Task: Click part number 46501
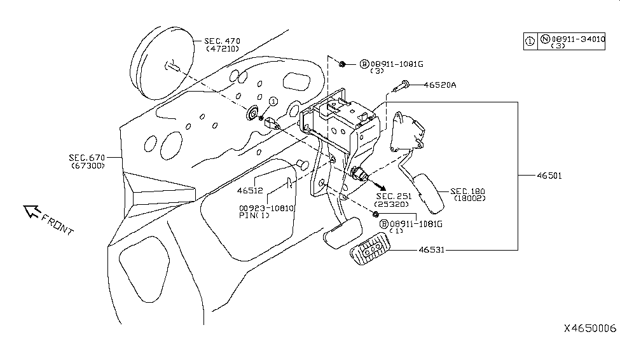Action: coord(548,175)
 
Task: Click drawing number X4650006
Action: coord(590,328)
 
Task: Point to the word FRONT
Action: coord(58,224)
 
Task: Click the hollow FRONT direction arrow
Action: coord(30,212)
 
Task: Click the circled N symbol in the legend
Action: coord(545,39)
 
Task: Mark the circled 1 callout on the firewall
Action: coord(272,102)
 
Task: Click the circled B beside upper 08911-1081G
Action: coord(364,64)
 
